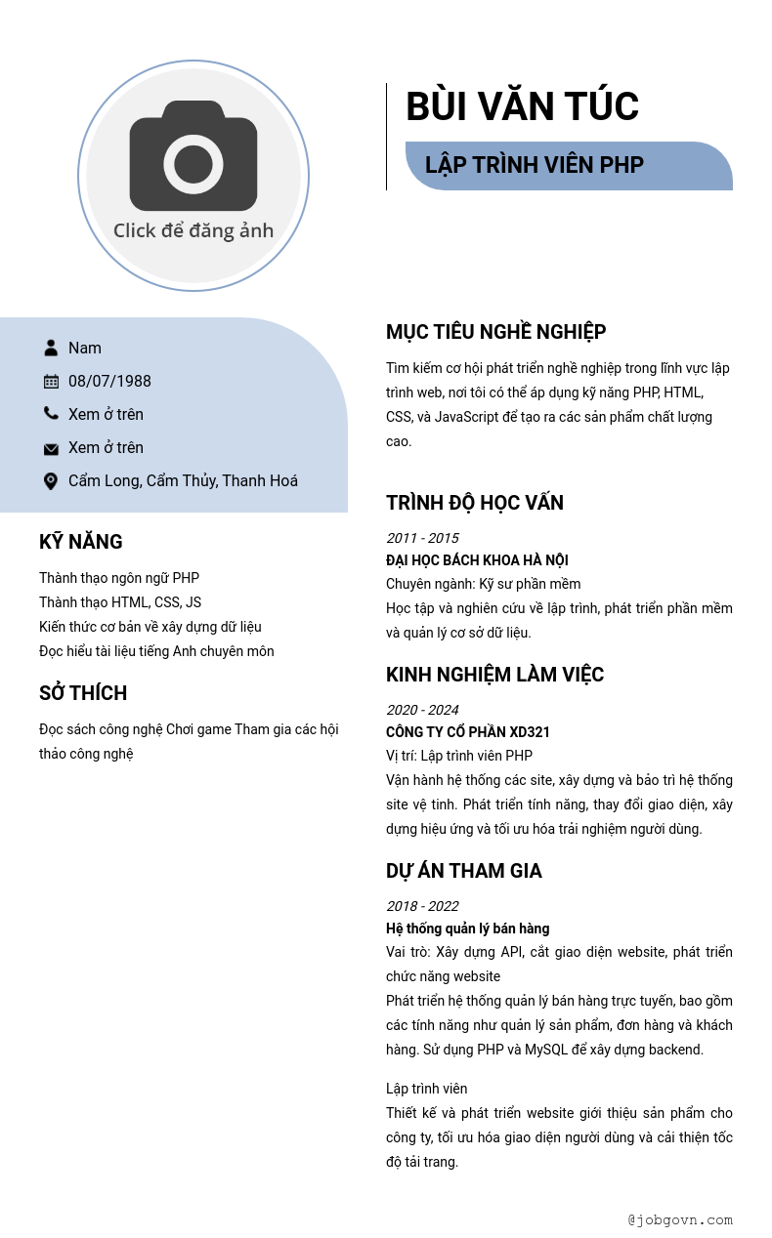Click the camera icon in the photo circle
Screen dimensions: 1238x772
coord(193,156)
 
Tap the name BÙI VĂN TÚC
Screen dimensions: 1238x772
coord(522,106)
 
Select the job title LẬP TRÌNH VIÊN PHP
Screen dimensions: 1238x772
coord(535,165)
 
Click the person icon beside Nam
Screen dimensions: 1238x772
coord(51,348)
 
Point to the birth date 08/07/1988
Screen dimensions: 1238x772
coord(109,381)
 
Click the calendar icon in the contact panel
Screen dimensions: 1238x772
coord(51,381)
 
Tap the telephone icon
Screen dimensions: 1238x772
coord(51,414)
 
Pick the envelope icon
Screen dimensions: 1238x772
coord(51,448)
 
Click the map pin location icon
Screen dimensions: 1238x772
coord(51,480)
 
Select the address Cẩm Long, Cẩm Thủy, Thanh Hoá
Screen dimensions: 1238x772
coord(183,480)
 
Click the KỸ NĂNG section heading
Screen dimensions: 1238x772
coord(81,542)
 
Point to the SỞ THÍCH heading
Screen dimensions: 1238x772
coord(83,693)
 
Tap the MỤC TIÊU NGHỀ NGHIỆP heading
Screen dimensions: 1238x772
coord(495,332)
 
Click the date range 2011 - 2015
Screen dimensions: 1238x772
coord(422,538)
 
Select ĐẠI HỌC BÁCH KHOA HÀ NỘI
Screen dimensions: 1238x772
coord(477,560)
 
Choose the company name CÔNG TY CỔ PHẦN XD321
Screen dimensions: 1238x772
coord(468,732)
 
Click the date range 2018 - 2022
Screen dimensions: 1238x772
coord(422,906)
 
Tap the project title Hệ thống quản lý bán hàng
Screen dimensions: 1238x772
coord(467,928)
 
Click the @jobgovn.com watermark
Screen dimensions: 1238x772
coord(680,1219)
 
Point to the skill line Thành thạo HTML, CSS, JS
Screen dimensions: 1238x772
coord(120,602)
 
